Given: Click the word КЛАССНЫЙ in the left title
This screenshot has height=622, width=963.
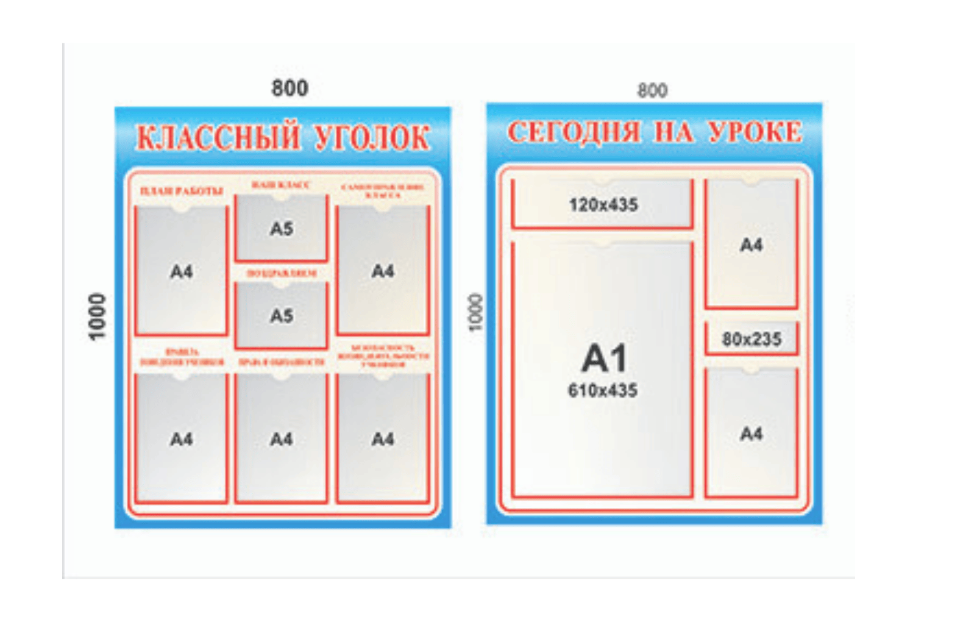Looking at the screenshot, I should coord(217,137).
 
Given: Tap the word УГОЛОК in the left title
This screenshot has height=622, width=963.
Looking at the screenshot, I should coord(372,137).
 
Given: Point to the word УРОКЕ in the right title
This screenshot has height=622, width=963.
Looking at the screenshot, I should coord(755,132).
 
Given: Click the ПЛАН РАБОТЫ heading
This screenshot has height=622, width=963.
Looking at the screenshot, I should coord(182,191).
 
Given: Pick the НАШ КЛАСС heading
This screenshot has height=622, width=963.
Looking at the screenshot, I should coord(281,184).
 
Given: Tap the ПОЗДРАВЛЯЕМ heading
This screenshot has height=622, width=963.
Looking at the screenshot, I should coord(281,273).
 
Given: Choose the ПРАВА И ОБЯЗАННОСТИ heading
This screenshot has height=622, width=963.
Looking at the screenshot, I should coord(281,362).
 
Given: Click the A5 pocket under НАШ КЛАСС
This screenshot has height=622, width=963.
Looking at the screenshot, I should coord(281,229).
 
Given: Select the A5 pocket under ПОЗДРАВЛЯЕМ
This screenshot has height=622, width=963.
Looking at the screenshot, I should coord(281,316).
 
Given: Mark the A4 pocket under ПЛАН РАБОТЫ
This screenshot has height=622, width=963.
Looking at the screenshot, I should coord(182,271).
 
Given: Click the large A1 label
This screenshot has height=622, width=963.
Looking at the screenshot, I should coord(603,358).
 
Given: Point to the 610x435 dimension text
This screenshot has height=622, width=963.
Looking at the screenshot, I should coord(603,390).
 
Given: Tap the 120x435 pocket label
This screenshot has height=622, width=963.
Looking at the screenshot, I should coord(603,205).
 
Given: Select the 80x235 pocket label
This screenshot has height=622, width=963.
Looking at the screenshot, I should coord(752,339).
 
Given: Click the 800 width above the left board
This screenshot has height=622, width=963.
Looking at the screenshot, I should coord(290,88).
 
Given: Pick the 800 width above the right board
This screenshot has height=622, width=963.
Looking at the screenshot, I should coord(652,91).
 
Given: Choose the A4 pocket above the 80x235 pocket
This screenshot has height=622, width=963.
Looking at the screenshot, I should coord(752,245).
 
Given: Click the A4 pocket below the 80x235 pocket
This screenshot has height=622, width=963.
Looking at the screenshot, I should coord(752,434).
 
